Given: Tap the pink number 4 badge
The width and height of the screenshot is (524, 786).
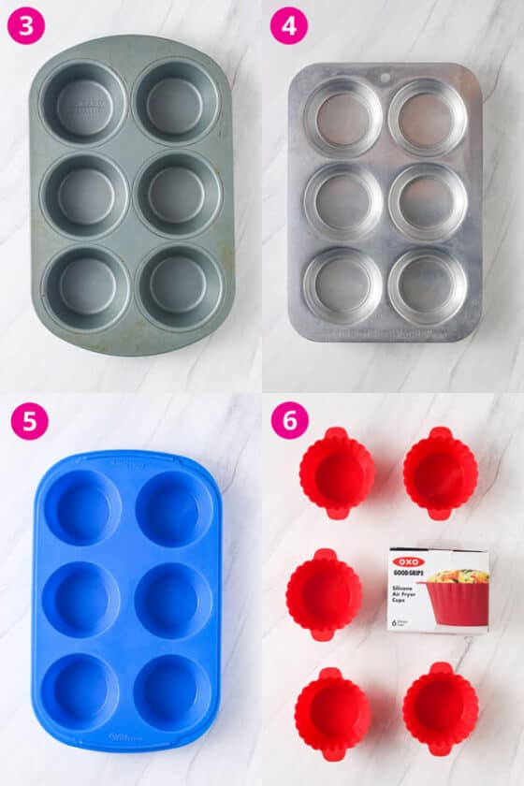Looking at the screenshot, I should click(289, 26).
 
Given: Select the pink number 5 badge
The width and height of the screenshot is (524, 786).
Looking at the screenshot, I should click(30, 421).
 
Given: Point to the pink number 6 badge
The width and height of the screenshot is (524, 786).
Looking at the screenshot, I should click(289, 421).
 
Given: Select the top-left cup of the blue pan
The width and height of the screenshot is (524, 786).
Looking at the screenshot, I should click(83, 509).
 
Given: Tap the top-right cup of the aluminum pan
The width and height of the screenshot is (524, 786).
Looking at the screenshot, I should click(427, 117).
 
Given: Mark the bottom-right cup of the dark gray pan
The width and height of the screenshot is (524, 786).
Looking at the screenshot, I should click(180, 286).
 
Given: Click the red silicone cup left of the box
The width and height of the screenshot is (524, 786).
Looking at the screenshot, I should click(324, 594).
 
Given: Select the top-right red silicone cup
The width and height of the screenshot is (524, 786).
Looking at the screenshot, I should click(440, 473).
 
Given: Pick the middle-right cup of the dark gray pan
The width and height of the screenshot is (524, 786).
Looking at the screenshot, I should click(180, 194).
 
